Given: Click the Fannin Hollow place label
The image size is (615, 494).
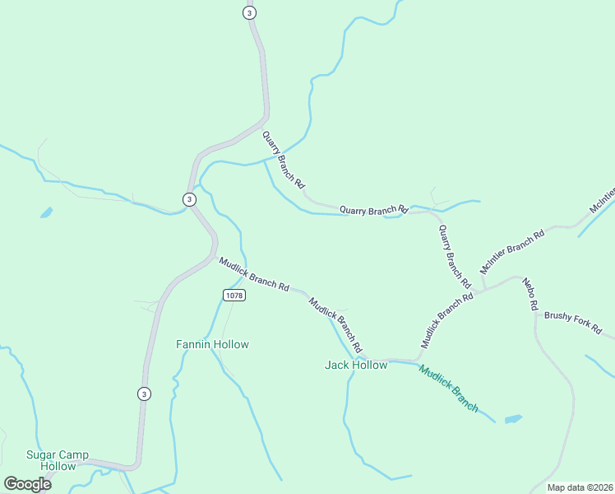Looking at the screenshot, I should click(212, 344).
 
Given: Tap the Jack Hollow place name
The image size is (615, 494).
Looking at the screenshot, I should click(356, 365).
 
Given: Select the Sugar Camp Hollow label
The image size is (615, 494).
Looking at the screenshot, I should click(57, 460).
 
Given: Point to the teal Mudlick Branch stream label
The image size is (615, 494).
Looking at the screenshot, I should click(448, 388).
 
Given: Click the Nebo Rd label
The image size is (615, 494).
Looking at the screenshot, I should click(530, 294).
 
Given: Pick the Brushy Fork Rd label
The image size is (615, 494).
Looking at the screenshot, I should click(572, 322).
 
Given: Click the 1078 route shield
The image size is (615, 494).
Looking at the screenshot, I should click(234, 295).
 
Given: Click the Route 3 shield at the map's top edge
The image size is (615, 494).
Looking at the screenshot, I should click(250, 12).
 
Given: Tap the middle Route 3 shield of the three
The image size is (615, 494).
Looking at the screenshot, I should click(189, 199).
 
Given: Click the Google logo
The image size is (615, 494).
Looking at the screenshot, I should click(27, 483).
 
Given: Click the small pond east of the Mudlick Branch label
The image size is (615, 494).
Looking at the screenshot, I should click(512, 419).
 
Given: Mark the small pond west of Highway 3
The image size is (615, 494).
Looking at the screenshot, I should click(46, 212).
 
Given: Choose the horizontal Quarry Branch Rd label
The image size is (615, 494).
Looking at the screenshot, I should click(373, 210).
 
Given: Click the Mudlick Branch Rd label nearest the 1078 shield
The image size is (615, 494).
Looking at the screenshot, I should click(254, 274).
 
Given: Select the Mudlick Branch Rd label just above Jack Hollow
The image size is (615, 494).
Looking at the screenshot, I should click(335, 321).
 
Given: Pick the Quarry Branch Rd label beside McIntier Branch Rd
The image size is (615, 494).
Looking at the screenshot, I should click(454, 257).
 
